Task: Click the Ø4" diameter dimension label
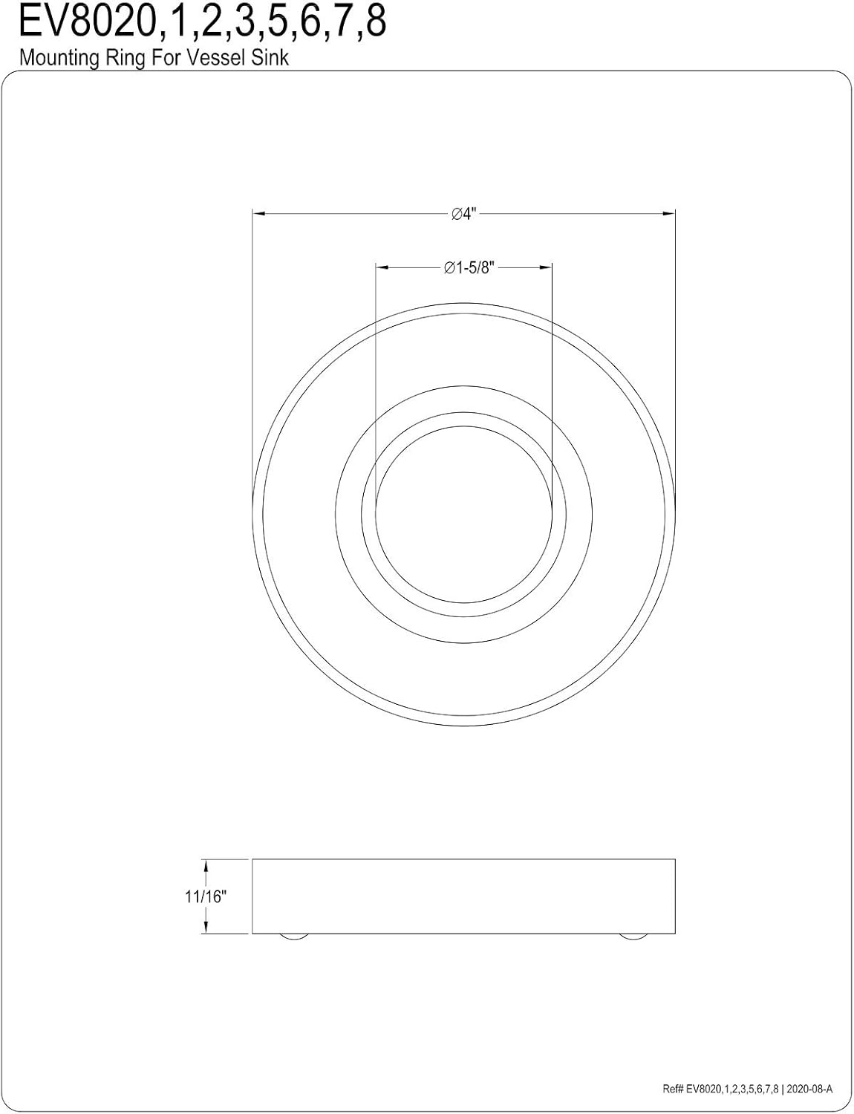463,214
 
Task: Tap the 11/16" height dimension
205,896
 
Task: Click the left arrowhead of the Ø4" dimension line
259,214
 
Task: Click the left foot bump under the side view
294,937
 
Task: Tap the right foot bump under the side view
633,937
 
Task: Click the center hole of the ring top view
464,514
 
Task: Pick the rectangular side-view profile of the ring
464,896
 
